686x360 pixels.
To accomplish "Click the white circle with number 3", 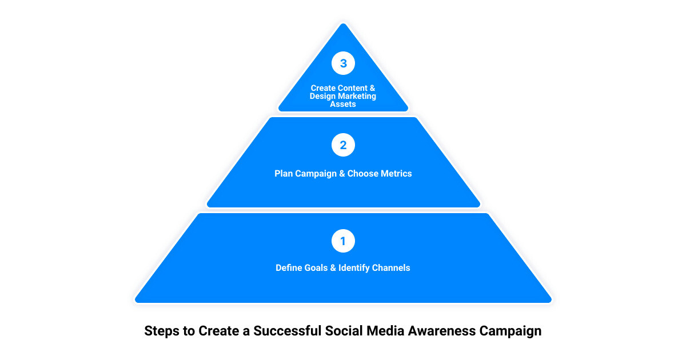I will tap(343, 63).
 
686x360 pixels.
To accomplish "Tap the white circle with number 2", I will tap(343, 145).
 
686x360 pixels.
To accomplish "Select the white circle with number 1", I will tap(343, 241).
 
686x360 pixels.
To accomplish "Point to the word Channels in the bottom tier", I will tap(392, 267).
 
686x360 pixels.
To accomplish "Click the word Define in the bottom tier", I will tap(290, 267).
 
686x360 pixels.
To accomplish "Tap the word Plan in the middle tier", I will tap(284, 173).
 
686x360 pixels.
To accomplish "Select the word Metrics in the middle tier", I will tap(396, 173).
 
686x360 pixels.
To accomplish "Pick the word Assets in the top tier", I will tap(343, 104).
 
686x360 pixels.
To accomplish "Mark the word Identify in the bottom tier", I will tap(354, 267).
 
